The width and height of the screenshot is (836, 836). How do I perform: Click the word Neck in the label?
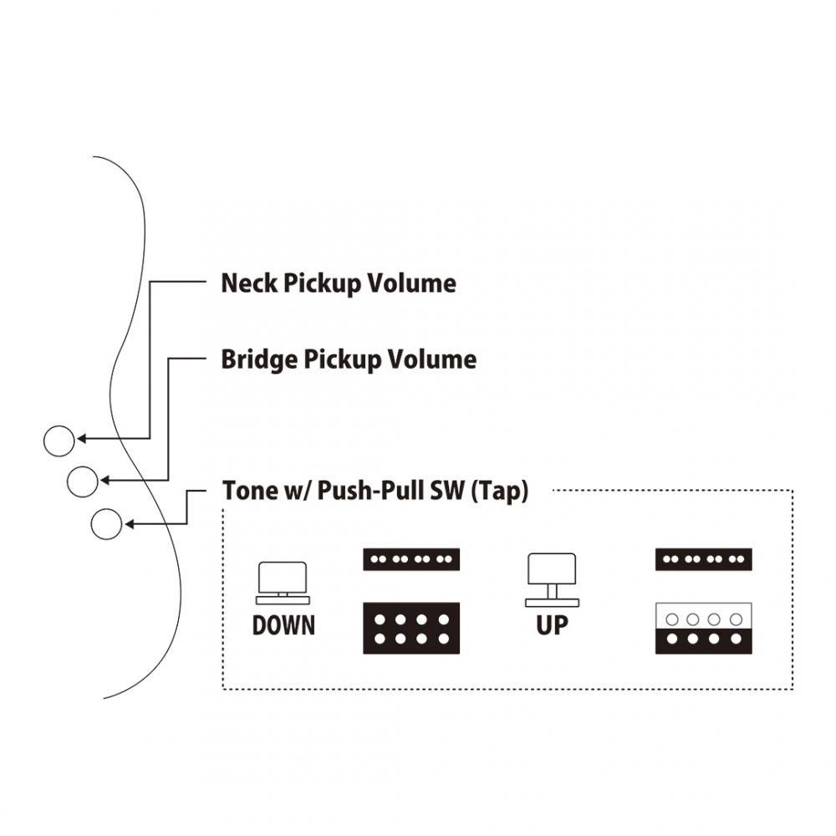(x=249, y=283)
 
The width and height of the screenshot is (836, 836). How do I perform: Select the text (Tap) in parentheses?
(x=500, y=492)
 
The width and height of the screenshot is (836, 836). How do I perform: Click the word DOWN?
(x=283, y=625)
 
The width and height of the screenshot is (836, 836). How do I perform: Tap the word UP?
(x=552, y=625)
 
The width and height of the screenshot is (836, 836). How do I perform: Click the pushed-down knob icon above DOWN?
(x=283, y=583)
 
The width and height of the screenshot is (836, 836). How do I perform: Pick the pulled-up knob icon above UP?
(x=552, y=580)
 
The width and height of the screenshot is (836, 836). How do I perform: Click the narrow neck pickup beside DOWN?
(x=411, y=559)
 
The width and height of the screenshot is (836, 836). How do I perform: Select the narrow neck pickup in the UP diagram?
(x=703, y=559)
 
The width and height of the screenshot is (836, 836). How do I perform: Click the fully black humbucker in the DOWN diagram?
(x=411, y=628)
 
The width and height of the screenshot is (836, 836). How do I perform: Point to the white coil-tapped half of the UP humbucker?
(x=703, y=616)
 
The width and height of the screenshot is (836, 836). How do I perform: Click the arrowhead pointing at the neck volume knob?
(x=81, y=439)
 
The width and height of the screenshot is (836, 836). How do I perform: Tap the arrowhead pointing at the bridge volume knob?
(x=104, y=481)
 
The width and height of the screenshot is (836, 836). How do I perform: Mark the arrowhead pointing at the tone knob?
(x=129, y=524)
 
